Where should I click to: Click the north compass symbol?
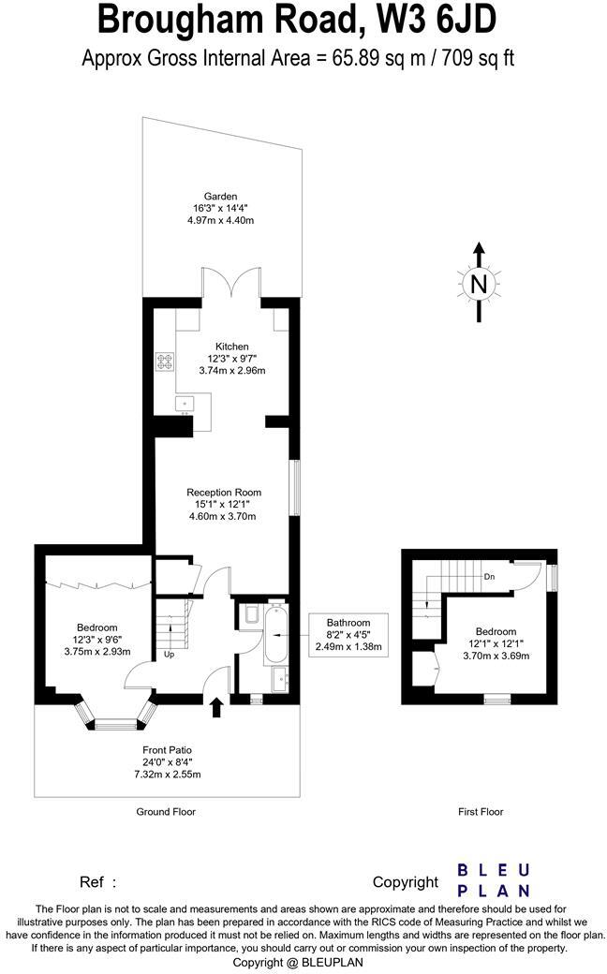pos(479,282)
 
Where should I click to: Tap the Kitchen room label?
pos(231,347)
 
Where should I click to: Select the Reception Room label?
pos(224,492)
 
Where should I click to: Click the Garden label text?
pos(221,196)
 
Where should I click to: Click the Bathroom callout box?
pos(348,634)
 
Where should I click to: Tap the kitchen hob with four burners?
pos(166,361)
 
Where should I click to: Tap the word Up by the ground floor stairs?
pos(169,654)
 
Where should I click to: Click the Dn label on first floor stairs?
pos(489,577)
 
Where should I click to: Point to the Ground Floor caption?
pos(166,812)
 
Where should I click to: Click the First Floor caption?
pos(480,812)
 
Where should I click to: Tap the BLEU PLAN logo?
pos(494,880)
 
